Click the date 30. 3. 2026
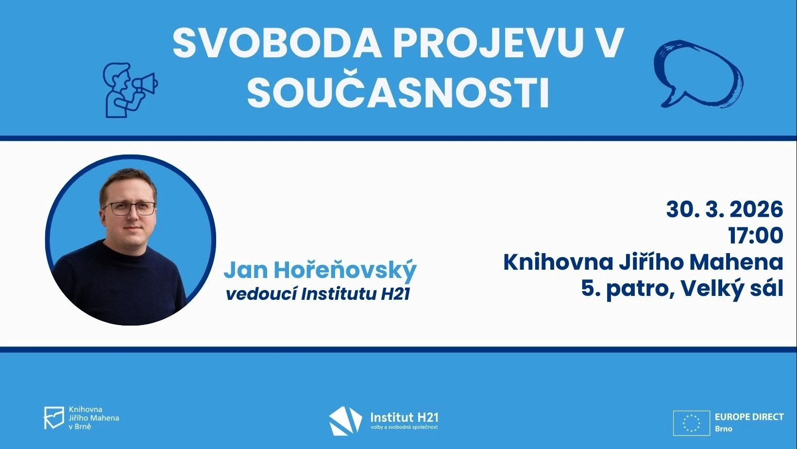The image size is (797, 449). coord(725,209)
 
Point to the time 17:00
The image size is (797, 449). coord(756,235)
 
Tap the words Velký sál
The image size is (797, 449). coord(732,289)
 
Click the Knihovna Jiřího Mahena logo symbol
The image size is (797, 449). coord(54,418)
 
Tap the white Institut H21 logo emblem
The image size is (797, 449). coord(345,421)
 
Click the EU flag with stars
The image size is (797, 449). coord(691,423)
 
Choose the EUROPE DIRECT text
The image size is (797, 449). coord(749,416)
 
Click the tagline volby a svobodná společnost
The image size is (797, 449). coord(404,427)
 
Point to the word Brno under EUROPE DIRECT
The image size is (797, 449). coord(724,429)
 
